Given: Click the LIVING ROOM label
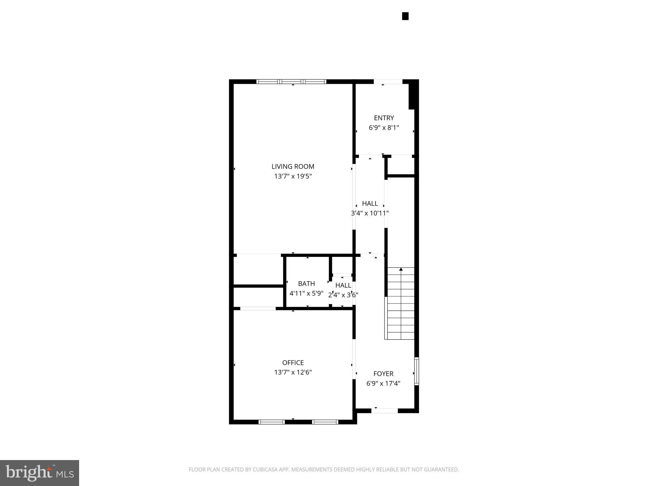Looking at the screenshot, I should pos(293,166).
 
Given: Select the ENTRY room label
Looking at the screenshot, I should pos(384,118).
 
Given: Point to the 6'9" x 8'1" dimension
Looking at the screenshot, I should pos(384,128).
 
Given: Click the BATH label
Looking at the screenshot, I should pos(306,284).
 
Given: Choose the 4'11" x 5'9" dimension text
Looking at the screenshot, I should pos(306,293).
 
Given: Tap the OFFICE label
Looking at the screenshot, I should pos(293,363).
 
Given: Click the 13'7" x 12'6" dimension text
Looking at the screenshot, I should pos(293,372).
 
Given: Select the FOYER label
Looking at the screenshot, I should pos(383,374).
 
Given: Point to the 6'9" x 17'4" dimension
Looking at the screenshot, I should pos(383,383).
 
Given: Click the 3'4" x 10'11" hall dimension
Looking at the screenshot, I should pos(370,213).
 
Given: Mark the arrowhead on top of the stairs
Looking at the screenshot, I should pos(401,269).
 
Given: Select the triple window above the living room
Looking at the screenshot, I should pos(291,82).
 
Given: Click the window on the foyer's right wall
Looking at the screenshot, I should pos(416,371).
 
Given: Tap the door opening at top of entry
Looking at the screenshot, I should pos(388,82).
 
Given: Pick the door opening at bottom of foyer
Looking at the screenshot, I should pos(384,411).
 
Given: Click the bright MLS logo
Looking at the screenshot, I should pos(39,473).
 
